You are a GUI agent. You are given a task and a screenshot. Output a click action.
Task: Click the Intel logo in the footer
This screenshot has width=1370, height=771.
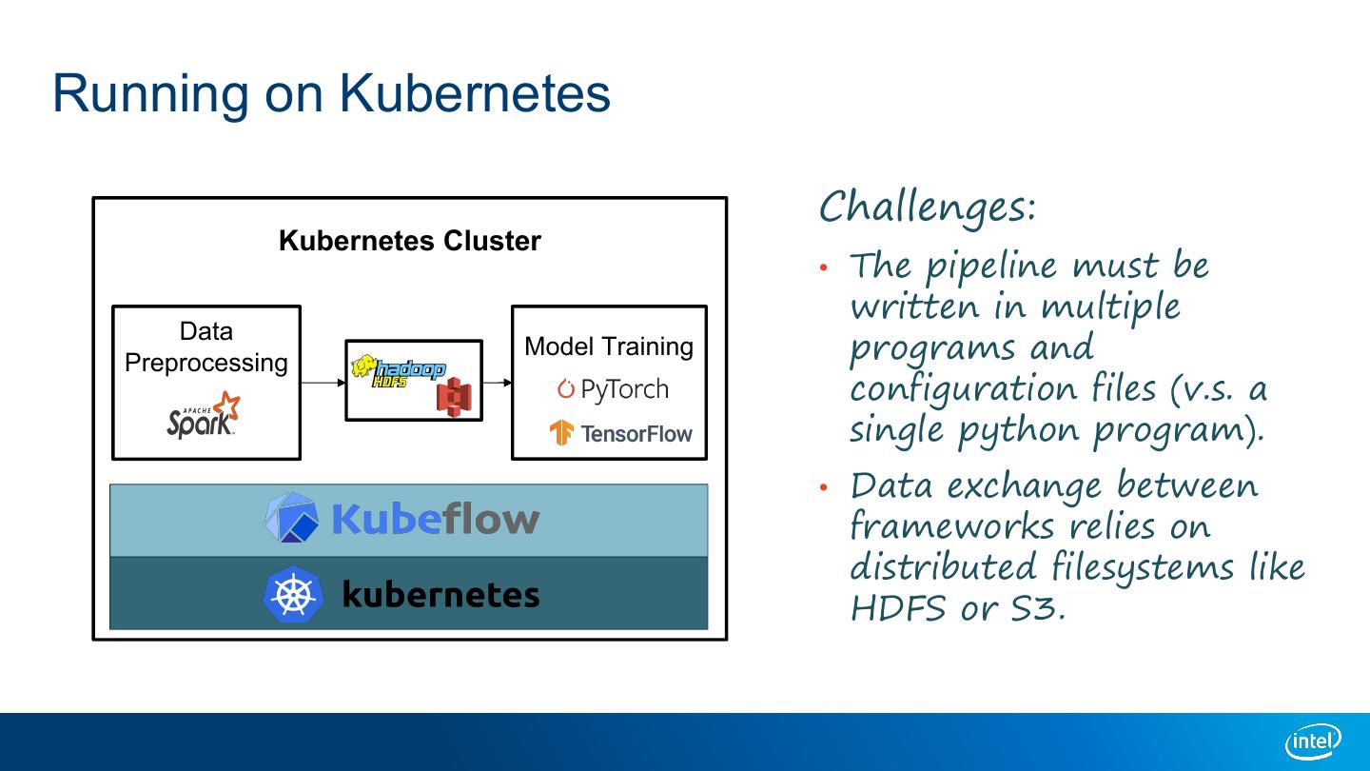click(1313, 741)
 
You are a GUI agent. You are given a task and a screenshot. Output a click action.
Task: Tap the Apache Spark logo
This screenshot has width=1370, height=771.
click(203, 415)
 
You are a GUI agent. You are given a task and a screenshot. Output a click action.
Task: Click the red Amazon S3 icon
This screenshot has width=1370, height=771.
click(454, 397)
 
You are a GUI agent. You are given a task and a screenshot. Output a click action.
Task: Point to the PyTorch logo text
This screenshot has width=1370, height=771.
click(613, 389)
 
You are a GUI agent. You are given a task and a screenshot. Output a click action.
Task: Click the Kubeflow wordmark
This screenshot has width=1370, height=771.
click(435, 520)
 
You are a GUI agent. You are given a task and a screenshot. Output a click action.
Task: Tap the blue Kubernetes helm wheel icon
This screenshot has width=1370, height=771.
click(292, 595)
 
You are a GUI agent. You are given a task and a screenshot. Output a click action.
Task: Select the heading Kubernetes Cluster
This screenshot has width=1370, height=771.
click(409, 241)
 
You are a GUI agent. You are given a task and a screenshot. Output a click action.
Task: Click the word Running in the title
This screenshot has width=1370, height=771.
click(148, 93)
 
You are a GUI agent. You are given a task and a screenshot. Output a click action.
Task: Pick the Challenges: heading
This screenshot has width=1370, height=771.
click(927, 207)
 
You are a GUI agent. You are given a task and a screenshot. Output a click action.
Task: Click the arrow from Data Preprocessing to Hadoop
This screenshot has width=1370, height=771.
click(323, 383)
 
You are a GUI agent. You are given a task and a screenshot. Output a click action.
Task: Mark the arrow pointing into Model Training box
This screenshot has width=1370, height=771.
click(497, 383)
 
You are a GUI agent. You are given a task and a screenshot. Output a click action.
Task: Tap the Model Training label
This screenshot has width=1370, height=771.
click(609, 346)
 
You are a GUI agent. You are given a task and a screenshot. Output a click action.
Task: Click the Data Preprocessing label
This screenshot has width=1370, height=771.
click(206, 346)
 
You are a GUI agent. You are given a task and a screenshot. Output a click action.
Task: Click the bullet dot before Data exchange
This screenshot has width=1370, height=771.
click(825, 487)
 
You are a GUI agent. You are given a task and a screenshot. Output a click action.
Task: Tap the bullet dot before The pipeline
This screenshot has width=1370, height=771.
click(825, 267)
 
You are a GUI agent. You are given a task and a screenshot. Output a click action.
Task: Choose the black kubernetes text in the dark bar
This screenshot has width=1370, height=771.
click(440, 595)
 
